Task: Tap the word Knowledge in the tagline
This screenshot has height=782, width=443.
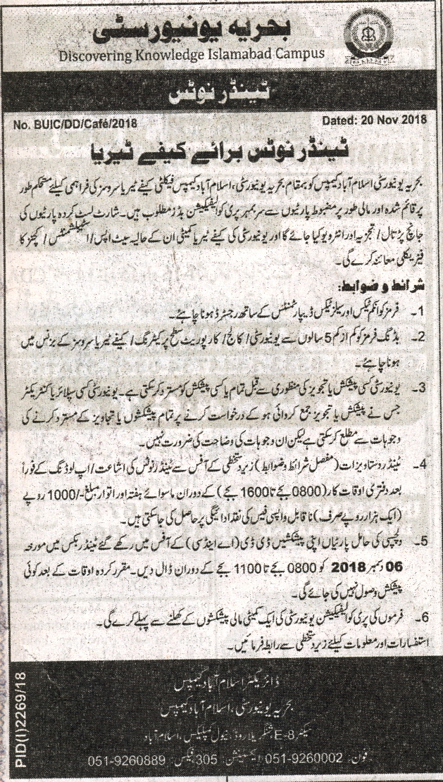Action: pos(170,54)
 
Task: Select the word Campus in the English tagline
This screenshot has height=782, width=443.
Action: pos(294,53)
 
